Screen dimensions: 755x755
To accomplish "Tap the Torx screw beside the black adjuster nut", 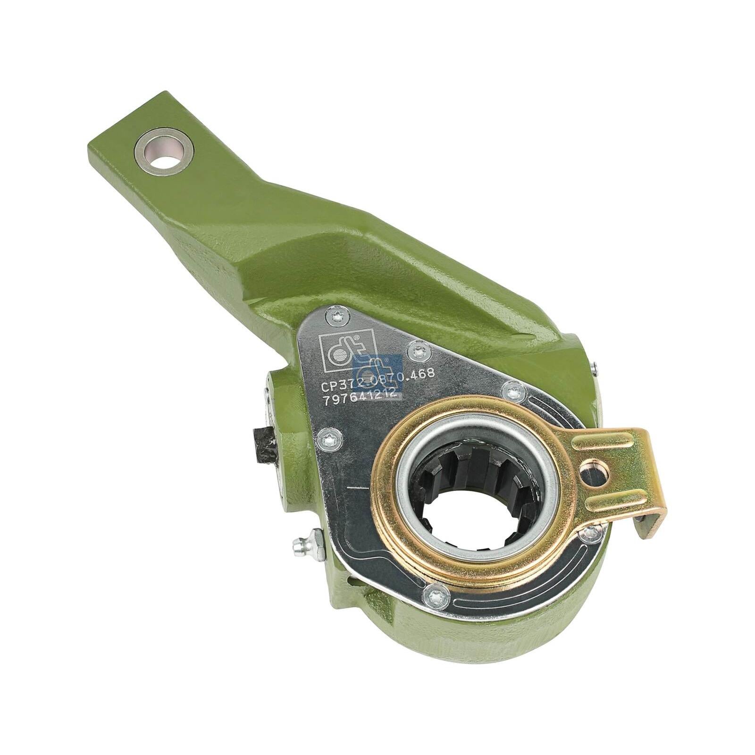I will [329, 440].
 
